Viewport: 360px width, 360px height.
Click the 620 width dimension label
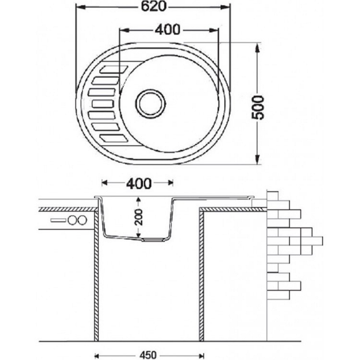pos(153,6)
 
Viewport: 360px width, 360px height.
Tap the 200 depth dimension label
pos(139,217)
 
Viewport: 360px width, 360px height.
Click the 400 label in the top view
pos(167,30)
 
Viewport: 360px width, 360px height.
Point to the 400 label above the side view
pos(139,184)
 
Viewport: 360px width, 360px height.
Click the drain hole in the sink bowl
pos(150,103)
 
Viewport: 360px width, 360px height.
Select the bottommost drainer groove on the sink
pos(114,139)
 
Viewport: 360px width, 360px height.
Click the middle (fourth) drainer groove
pos(103,104)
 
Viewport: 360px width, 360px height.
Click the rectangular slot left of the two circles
pos(58,220)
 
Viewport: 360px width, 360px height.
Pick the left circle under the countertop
pos(72,220)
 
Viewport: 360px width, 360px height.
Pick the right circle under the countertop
pos(82,220)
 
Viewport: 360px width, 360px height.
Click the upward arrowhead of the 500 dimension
pos(257,48)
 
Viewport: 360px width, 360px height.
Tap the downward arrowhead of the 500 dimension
pos(257,159)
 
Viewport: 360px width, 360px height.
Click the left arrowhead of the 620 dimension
pos(81,7)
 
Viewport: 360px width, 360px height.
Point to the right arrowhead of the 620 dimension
pos(225,7)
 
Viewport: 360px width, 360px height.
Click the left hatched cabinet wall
pos(96,275)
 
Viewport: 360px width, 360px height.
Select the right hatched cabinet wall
pos(201,275)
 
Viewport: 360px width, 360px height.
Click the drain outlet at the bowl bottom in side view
pos(152,240)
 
